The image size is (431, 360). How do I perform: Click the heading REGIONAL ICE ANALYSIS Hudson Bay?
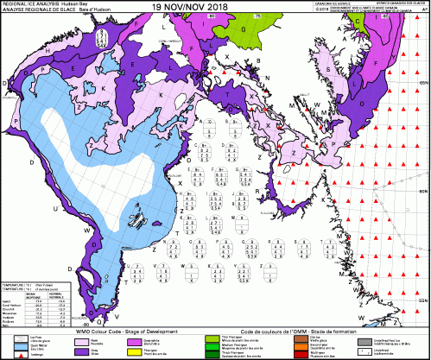pyautogui.click(x=39, y=3)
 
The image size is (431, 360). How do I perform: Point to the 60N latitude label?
pyautogui.click(x=423, y=191)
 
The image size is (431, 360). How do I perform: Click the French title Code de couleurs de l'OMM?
pyautogui.click(x=285, y=332)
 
